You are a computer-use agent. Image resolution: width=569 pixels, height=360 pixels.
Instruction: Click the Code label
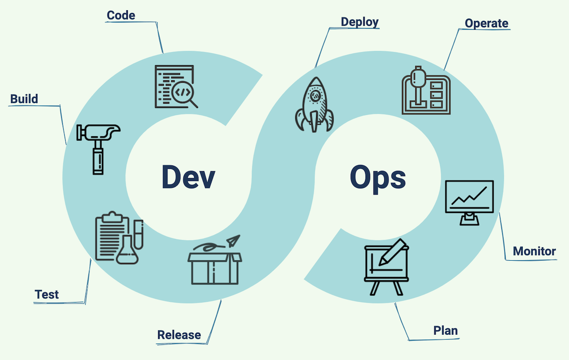pos(121,15)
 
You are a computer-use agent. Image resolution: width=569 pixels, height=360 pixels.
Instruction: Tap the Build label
pos(24,99)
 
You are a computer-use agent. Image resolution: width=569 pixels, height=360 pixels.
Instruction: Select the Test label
pos(47,294)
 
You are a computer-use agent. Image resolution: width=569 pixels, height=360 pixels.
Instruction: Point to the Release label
pos(179,335)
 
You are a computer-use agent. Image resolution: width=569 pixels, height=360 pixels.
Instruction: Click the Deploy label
pos(359,22)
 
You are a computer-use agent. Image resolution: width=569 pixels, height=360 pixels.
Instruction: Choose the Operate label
pos(486,23)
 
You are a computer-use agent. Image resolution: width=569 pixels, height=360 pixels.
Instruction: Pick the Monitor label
pos(534,251)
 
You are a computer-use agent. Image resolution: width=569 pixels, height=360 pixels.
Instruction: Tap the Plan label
pos(445,331)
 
